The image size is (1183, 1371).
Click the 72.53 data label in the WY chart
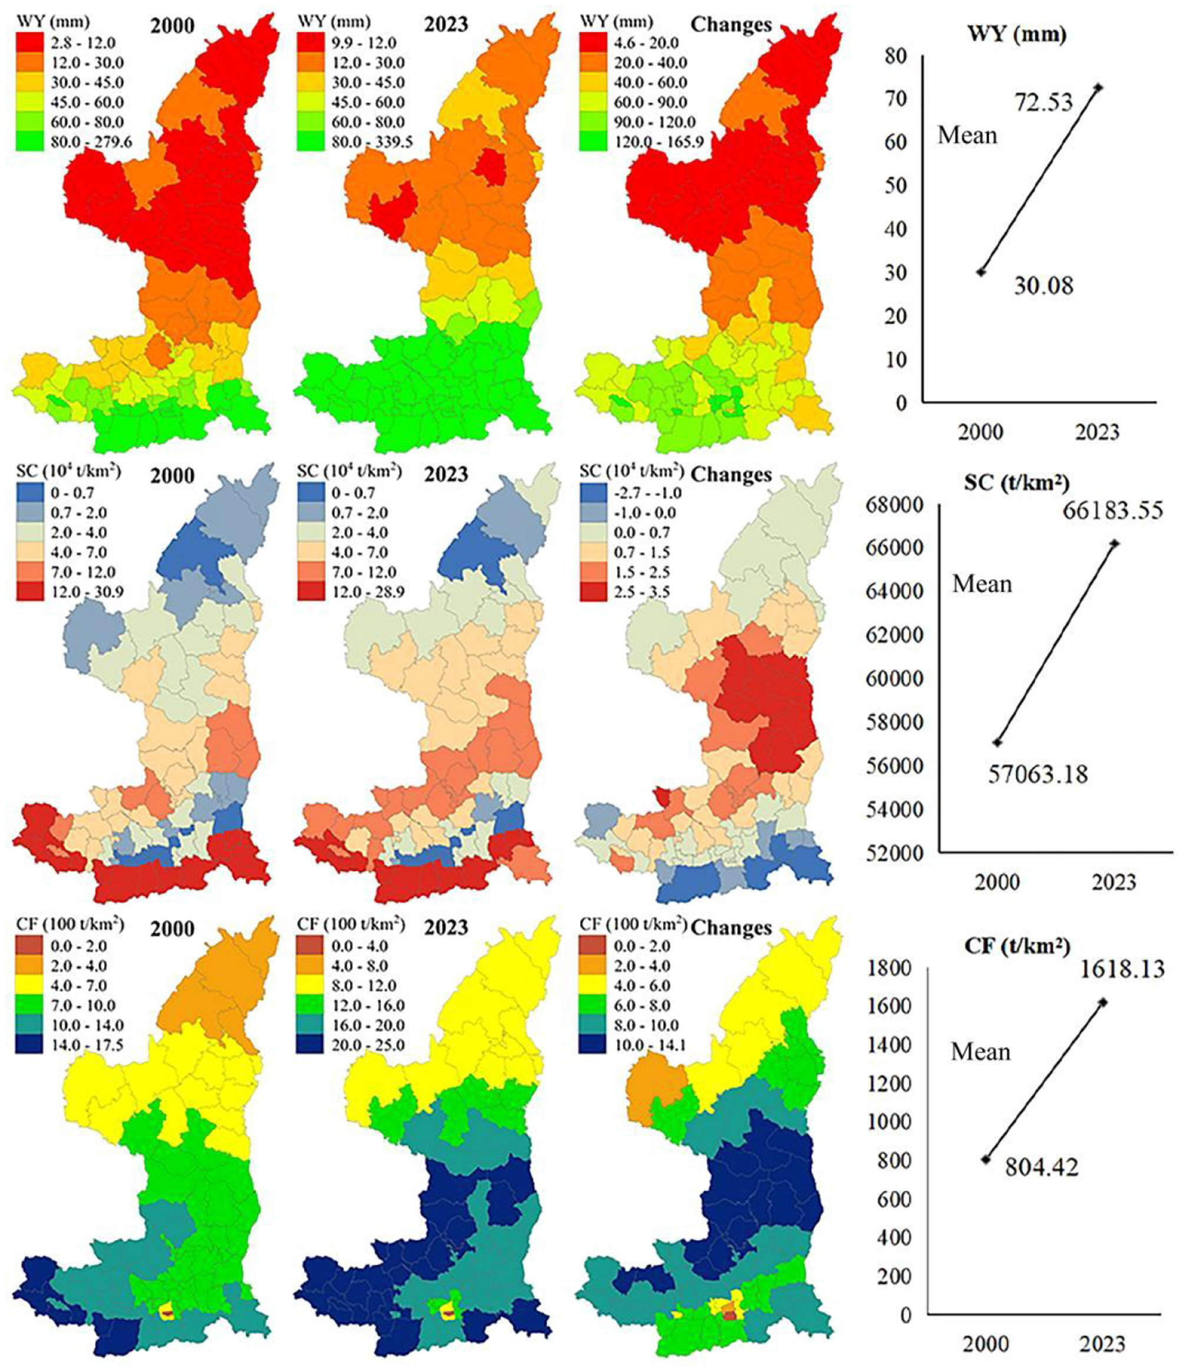(1043, 103)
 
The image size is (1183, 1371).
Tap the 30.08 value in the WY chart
(1043, 286)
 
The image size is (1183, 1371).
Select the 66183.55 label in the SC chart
(1113, 511)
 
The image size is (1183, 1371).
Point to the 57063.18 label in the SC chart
(1037, 774)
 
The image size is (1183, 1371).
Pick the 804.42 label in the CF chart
(1042, 1167)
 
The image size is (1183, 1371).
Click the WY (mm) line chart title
(1017, 34)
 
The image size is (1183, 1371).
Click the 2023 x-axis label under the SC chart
(1113, 882)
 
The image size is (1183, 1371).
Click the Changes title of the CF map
(731, 928)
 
